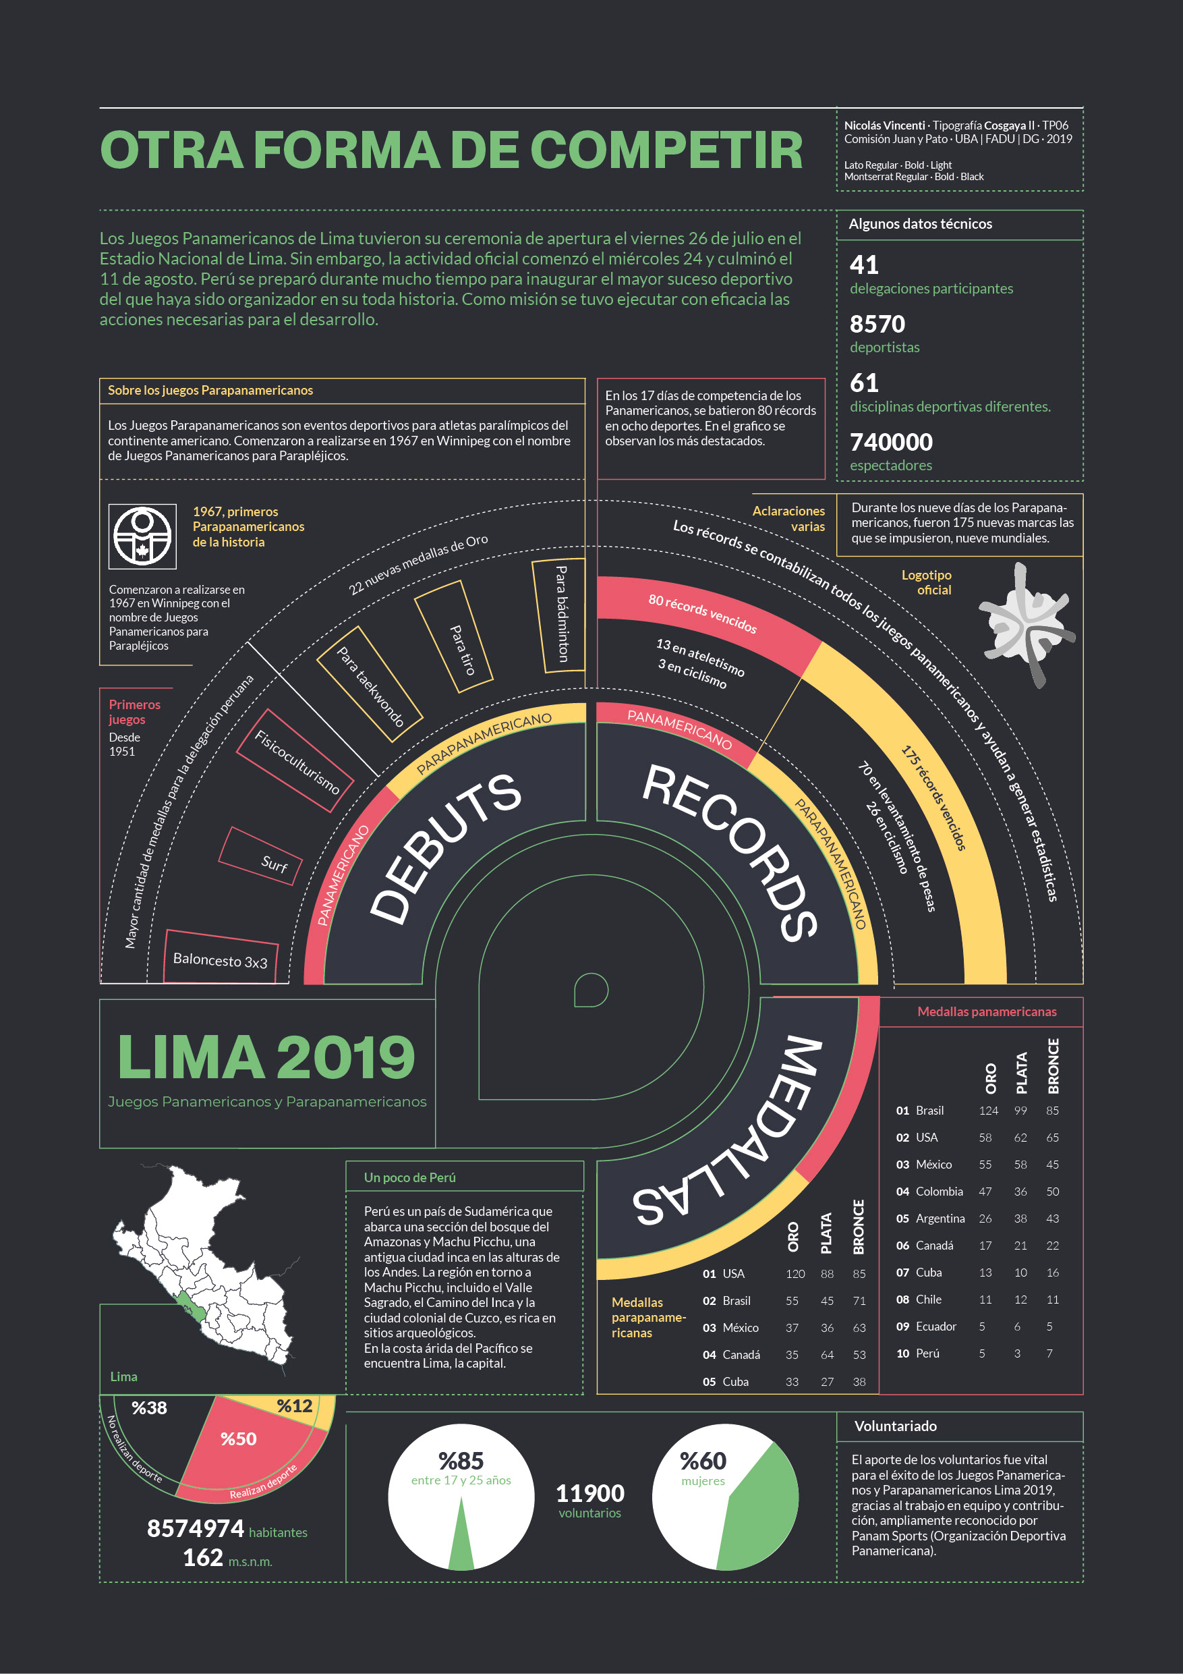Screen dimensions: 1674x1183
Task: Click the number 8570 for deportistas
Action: (877, 325)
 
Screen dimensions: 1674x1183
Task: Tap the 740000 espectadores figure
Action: (891, 443)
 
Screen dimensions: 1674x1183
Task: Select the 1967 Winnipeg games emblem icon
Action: (142, 536)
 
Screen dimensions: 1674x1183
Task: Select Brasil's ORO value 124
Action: (988, 1111)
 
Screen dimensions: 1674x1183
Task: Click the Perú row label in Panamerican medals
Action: (927, 1354)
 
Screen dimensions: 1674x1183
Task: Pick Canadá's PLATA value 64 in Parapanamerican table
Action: (827, 1355)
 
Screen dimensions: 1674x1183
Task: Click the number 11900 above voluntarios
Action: (589, 1493)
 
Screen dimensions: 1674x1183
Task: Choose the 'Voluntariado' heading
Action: (895, 1426)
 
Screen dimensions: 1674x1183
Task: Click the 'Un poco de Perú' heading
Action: (409, 1177)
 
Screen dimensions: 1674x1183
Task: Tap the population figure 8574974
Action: (196, 1528)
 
